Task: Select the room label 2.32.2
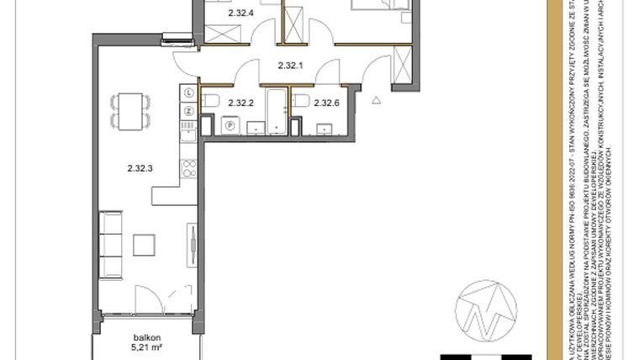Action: [241, 103]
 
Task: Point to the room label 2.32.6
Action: [326, 103]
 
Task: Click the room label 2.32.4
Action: [240, 13]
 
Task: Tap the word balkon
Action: [145, 335]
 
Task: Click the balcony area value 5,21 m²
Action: [145, 345]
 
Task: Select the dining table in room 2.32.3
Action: [131, 109]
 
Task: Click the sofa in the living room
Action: [110, 245]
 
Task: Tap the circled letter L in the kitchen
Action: [189, 93]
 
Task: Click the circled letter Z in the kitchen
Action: [189, 109]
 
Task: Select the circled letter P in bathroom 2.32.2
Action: [229, 125]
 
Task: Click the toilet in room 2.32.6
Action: [299, 104]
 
